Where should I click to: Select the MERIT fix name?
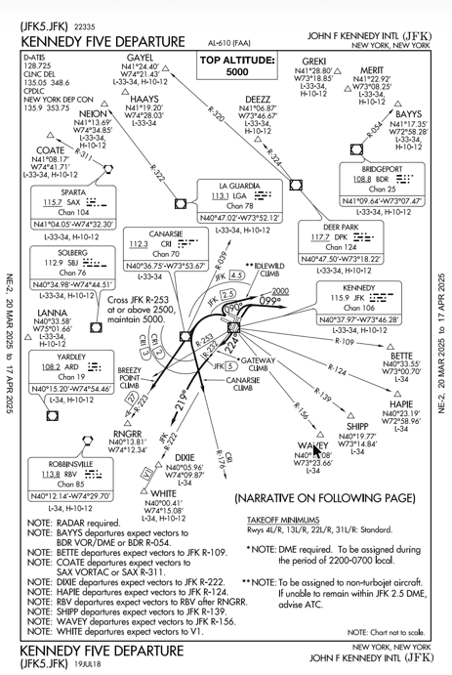tap(372, 70)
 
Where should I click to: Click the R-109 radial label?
tap(345, 342)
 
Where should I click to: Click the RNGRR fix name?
tap(129, 432)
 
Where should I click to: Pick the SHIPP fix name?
tap(357, 425)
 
